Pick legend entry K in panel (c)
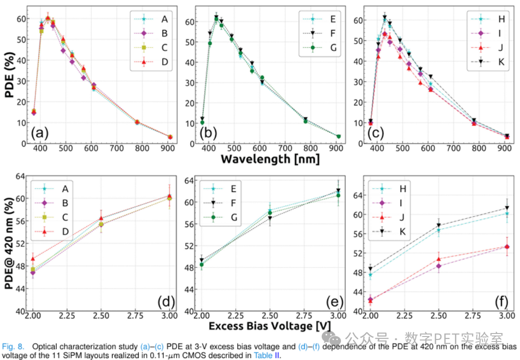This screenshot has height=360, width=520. pyautogui.click(x=500, y=62)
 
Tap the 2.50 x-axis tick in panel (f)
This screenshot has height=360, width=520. pyautogui.click(x=438, y=316)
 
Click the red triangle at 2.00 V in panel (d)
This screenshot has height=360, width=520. pyautogui.click(x=33, y=258)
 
